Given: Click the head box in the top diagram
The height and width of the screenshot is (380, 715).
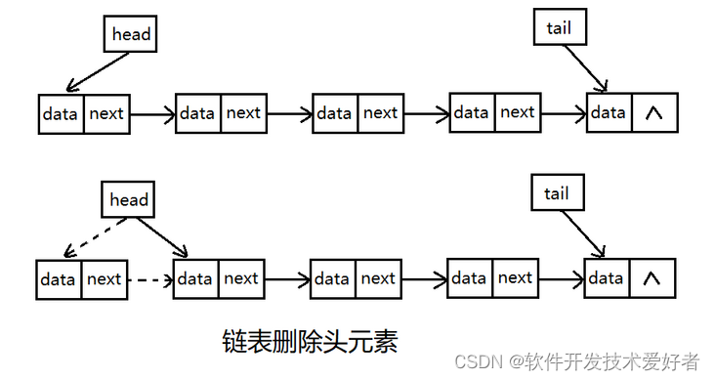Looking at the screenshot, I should click(131, 34).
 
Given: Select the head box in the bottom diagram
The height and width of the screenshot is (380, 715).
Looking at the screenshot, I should click(129, 200).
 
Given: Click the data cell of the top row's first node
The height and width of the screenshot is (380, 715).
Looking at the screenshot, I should click(61, 113).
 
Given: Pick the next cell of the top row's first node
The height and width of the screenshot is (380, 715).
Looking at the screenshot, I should click(106, 113).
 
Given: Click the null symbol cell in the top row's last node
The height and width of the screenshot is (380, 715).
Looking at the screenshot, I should click(654, 112).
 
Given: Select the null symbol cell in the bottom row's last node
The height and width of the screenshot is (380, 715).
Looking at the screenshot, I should click(652, 278).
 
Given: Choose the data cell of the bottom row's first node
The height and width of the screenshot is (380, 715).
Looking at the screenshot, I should click(59, 279).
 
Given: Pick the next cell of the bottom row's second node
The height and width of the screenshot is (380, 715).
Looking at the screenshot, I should click(241, 279).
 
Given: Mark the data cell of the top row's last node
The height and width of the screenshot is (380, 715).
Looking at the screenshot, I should click(609, 112).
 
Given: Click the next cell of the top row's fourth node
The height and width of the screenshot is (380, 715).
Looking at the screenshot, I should click(518, 112).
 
